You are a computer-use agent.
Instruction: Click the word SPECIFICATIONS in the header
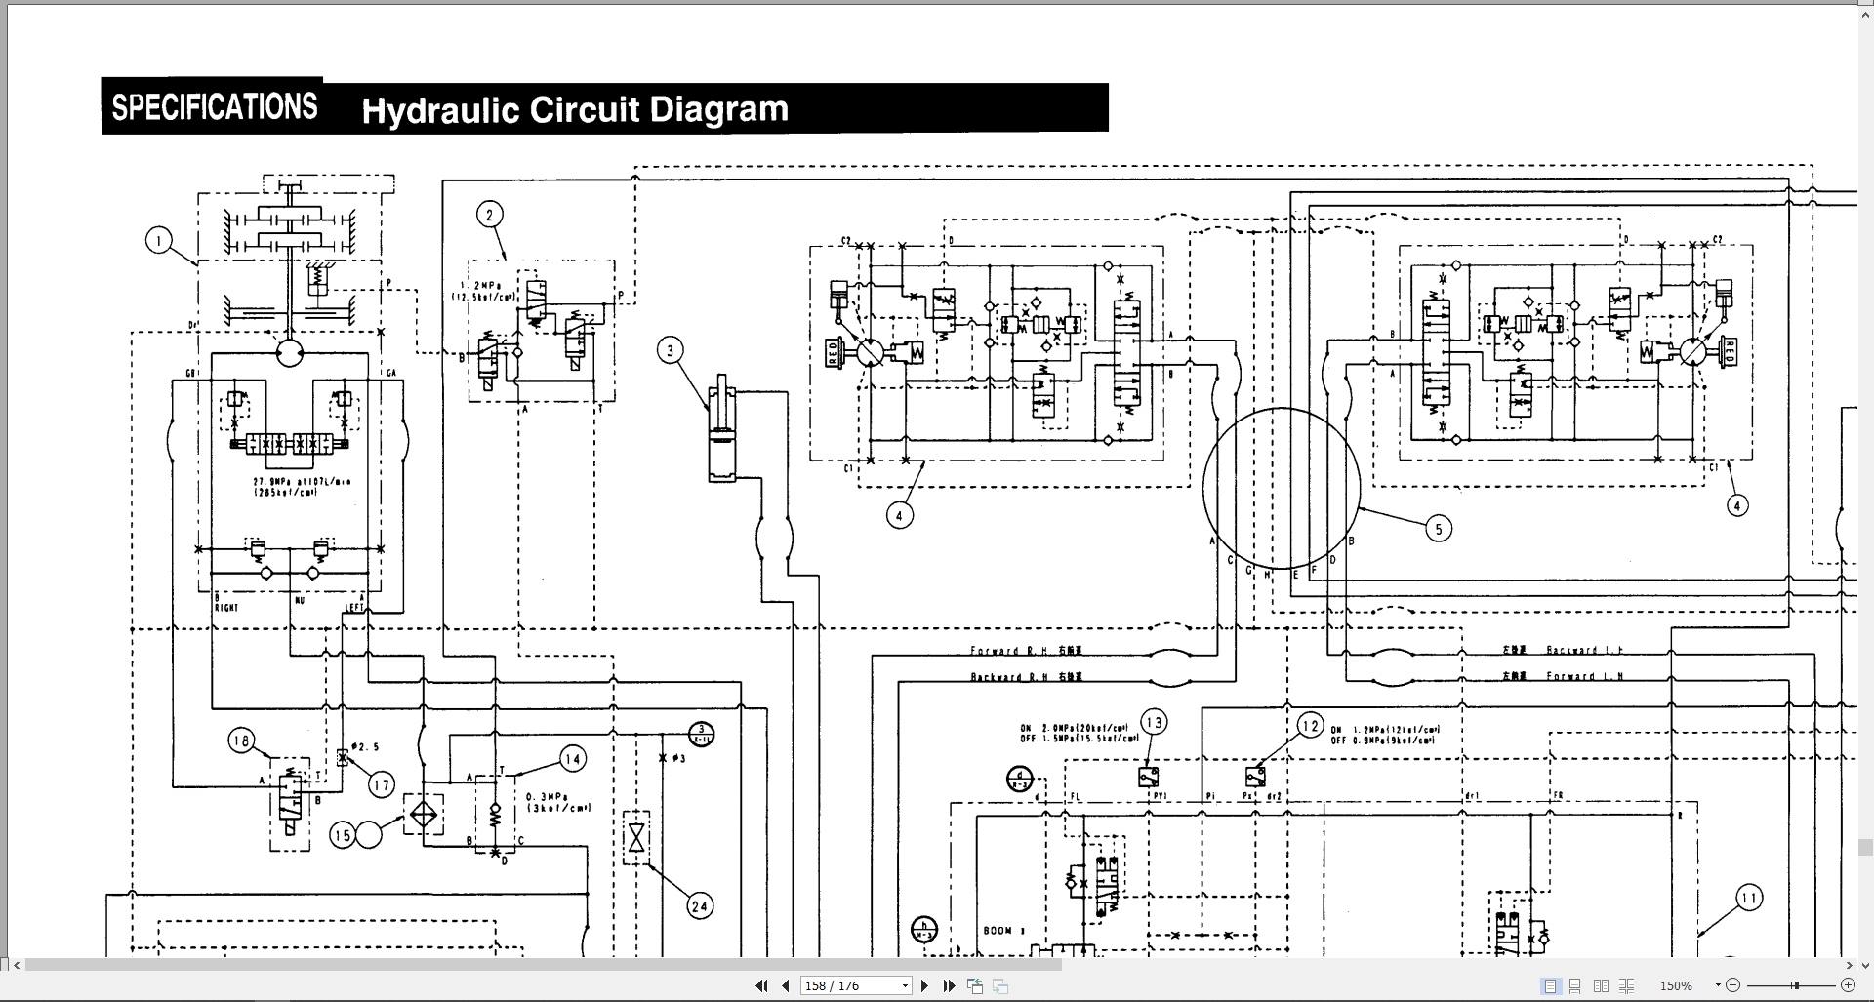[x=215, y=106]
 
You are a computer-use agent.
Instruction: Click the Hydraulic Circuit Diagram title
[x=574, y=109]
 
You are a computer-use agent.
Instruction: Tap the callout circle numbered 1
[x=159, y=240]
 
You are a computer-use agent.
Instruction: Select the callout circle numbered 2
[x=490, y=216]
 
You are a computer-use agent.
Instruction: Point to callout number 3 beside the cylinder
[x=670, y=350]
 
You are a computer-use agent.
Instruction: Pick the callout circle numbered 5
[x=1438, y=529]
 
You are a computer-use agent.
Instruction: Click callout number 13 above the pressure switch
[x=1155, y=723]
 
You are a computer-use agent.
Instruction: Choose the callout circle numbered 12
[x=1310, y=726]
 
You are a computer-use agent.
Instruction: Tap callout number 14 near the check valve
[x=573, y=759]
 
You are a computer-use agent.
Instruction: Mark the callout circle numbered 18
[x=242, y=741]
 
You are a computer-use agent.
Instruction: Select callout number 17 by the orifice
[x=381, y=783]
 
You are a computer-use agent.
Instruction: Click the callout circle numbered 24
[x=700, y=906]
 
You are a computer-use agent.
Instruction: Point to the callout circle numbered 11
[x=1749, y=899]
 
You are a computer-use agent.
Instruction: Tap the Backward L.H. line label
[x=1584, y=650]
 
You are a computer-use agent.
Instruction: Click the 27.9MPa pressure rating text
[x=289, y=482]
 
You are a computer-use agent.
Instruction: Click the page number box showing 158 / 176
[x=855, y=986]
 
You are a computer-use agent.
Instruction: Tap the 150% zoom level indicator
[x=1677, y=986]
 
